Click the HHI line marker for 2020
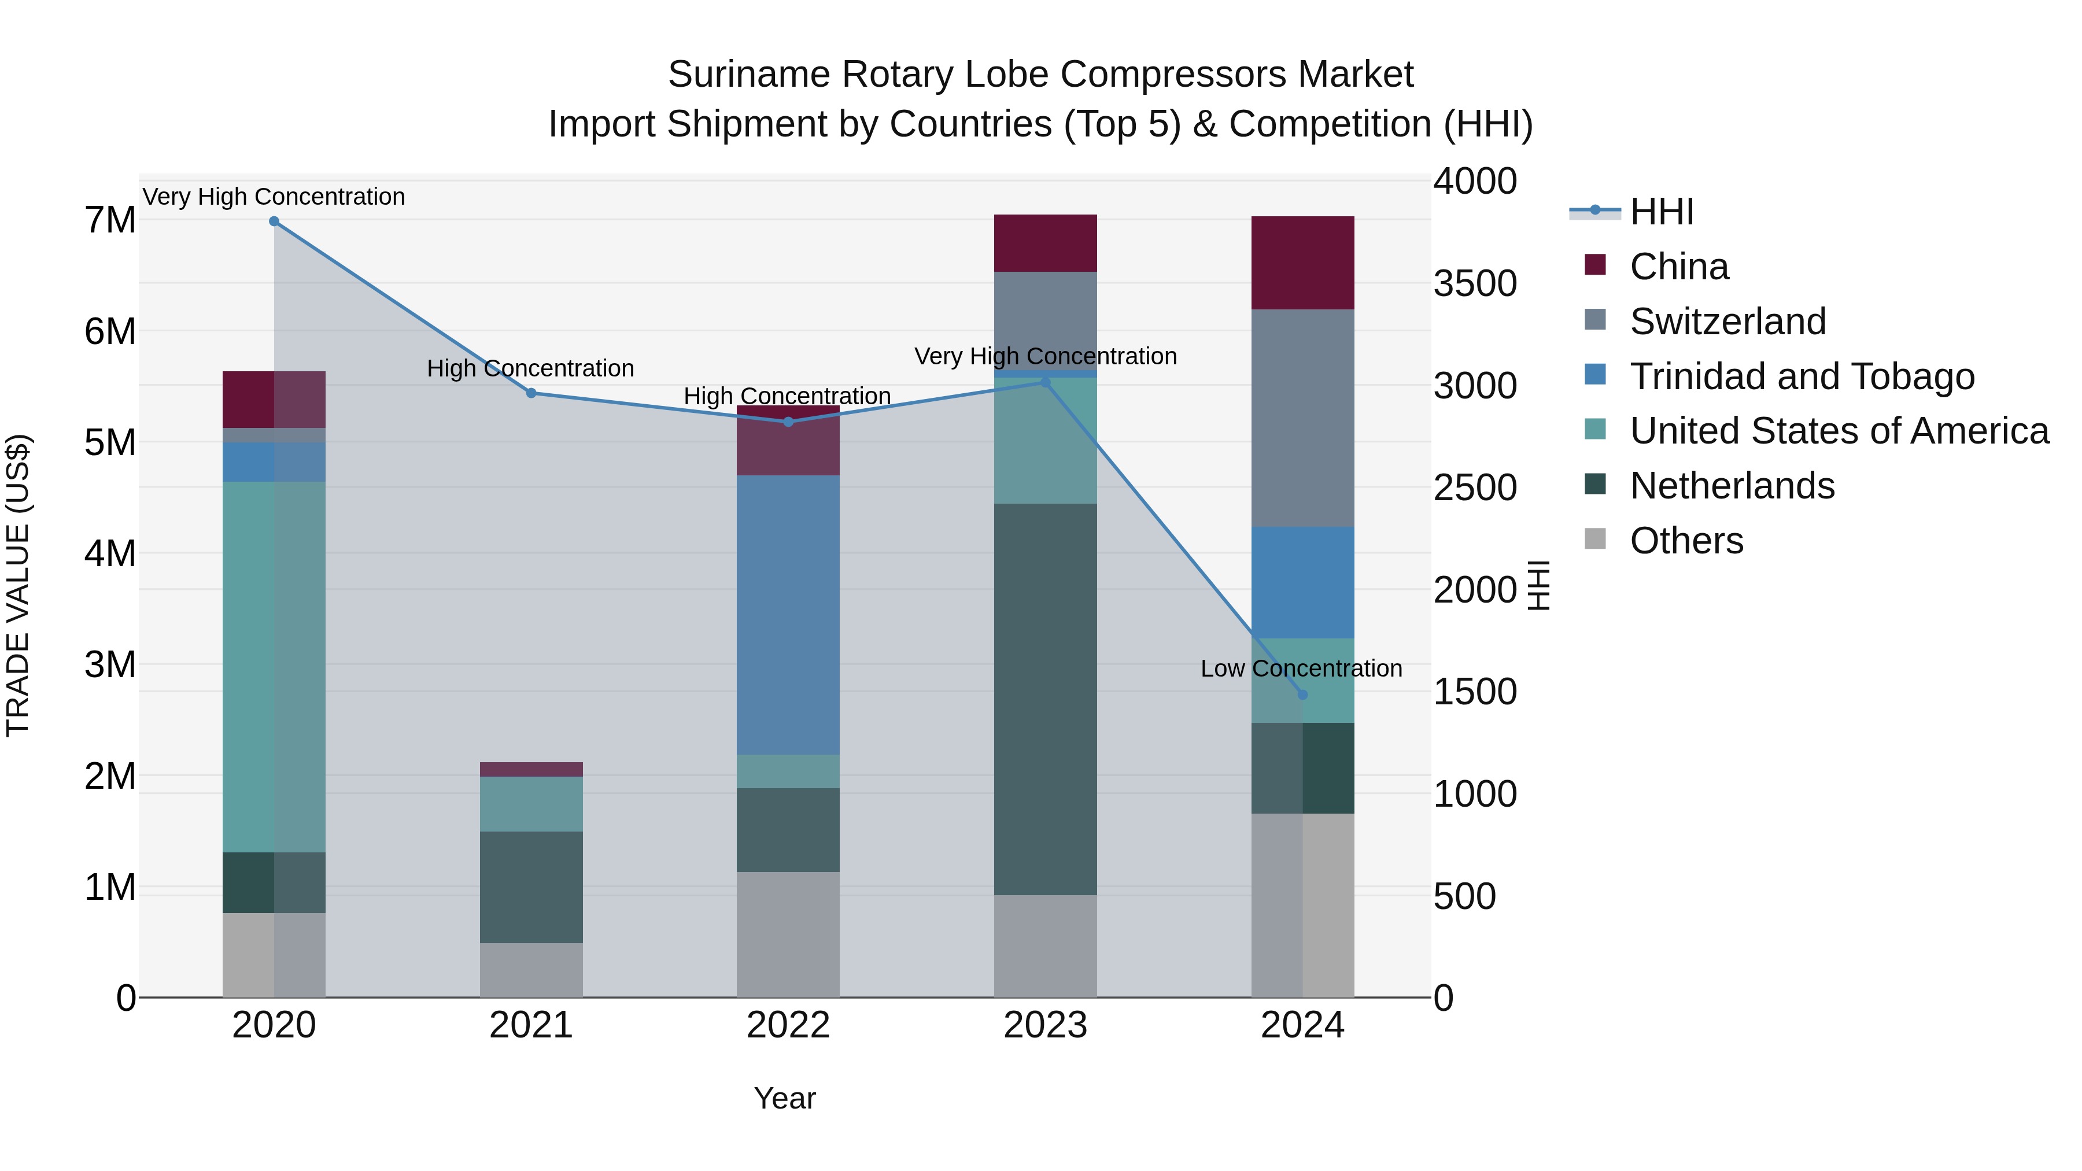[x=274, y=221]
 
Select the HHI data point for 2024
[x=1302, y=695]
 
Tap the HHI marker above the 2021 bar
[x=531, y=394]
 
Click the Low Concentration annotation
[x=1301, y=669]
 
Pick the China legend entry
[x=1679, y=267]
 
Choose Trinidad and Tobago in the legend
[x=1802, y=376]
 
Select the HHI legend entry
[x=1661, y=212]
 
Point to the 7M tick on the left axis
[x=110, y=220]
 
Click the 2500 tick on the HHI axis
[x=1475, y=488]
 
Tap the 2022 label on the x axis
[x=788, y=1025]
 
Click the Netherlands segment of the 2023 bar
[x=1045, y=699]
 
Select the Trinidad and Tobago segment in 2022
[x=788, y=614]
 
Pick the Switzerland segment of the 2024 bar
[x=1302, y=418]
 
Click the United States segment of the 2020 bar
[x=274, y=667]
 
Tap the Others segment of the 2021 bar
[x=531, y=970]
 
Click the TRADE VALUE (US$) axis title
[x=18, y=585]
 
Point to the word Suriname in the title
[x=748, y=75]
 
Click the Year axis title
[x=784, y=1098]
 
